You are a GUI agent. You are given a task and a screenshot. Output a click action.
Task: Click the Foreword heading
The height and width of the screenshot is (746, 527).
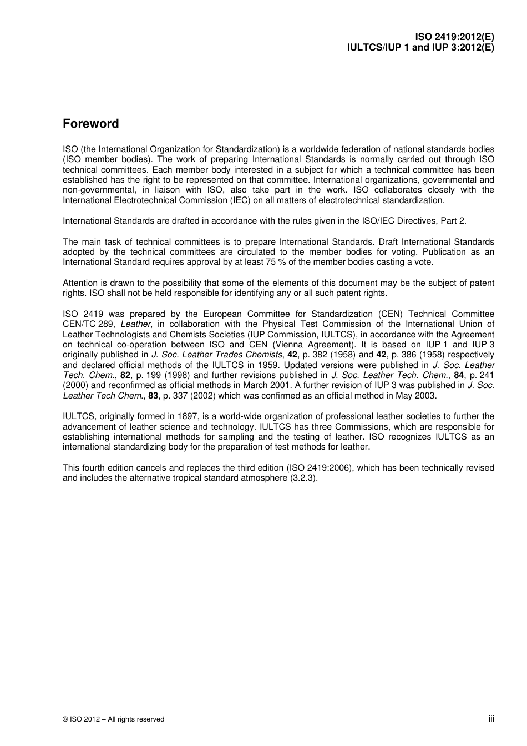(x=90, y=124)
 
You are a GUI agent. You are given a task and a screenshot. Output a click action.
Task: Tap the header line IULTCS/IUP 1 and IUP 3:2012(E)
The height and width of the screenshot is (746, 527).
(x=420, y=47)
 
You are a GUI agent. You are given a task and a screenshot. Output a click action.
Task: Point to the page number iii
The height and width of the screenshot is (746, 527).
(x=491, y=718)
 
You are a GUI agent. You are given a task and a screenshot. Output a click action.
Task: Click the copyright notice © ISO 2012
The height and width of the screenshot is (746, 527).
(x=113, y=719)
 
